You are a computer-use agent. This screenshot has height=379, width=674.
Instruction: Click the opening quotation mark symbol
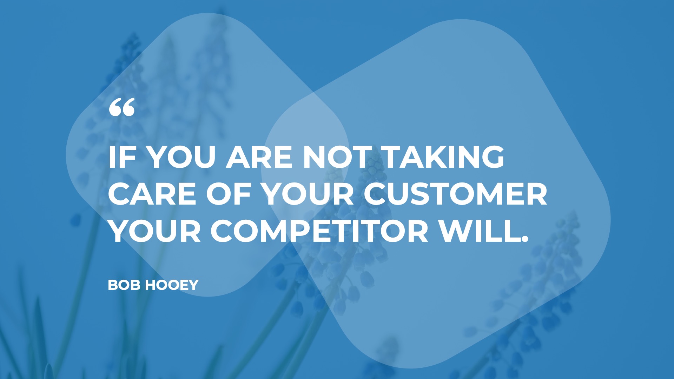[x=122, y=107]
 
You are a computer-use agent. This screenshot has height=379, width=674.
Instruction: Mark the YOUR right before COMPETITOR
[x=154, y=232]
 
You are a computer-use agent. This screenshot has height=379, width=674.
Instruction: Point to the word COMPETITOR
[x=319, y=232]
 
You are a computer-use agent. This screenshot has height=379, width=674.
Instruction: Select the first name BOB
[x=125, y=285]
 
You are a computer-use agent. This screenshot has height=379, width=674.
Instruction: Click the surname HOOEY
[x=172, y=285]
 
